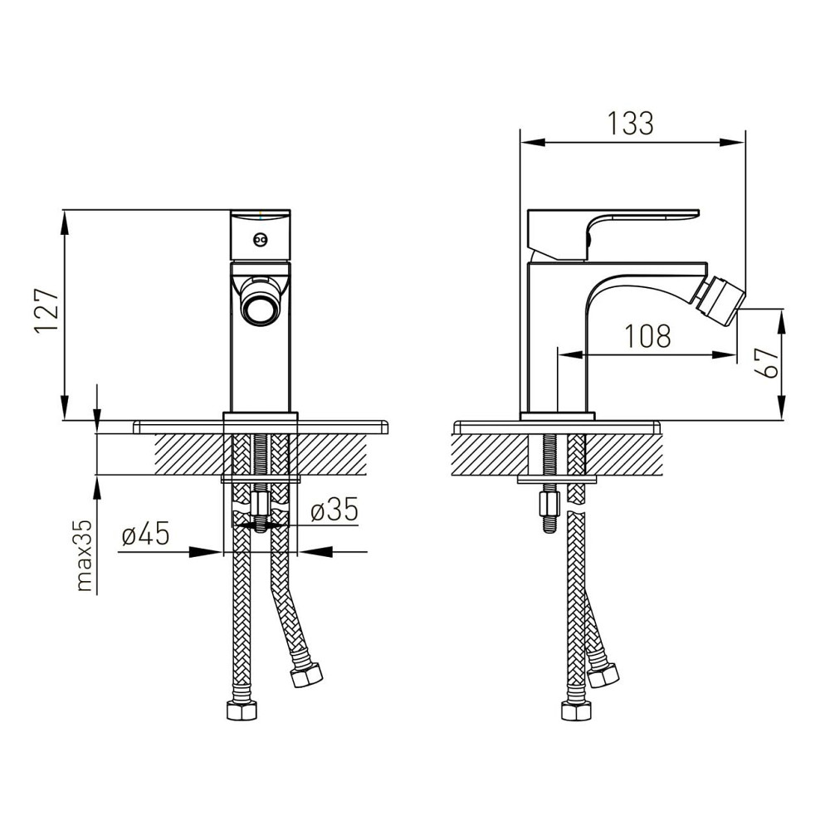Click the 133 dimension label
coord(631,124)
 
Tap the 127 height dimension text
coord(47,310)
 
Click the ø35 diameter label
coord(334,510)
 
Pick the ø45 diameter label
coord(145,533)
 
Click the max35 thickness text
coord(84,555)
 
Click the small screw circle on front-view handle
coord(260,240)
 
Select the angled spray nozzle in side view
coord(720,301)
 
